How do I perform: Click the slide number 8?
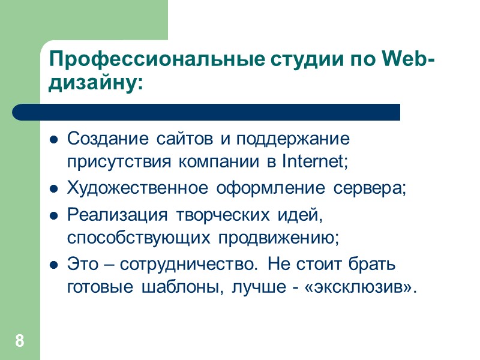pos(20,342)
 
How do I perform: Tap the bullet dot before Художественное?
pos(53,190)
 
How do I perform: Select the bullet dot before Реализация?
pos(53,215)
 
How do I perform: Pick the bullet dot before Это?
pos(53,265)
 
